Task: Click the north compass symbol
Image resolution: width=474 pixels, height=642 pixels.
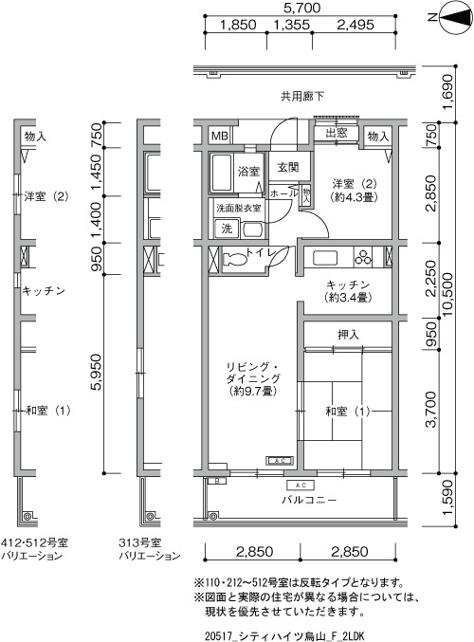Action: [x=454, y=17]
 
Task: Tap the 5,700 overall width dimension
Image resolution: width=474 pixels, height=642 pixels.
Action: [x=301, y=8]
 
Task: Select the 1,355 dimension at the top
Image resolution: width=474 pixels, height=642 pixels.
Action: [x=291, y=25]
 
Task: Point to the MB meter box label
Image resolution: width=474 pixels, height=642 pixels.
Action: [x=220, y=136]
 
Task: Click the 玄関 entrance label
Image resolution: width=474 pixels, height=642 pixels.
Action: [x=288, y=167]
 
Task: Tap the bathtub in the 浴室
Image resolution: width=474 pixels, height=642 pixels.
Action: [x=221, y=173]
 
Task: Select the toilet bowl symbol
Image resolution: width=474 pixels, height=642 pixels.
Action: [x=234, y=259]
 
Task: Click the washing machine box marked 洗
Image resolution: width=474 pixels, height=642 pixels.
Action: [x=226, y=229]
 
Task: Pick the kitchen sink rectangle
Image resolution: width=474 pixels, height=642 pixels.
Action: [x=325, y=258]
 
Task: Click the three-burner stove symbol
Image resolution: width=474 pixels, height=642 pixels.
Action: [x=363, y=257]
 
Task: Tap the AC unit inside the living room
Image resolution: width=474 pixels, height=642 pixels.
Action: [x=280, y=461]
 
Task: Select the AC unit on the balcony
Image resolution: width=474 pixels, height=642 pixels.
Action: [x=301, y=486]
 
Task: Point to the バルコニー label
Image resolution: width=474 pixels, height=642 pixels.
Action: [x=309, y=500]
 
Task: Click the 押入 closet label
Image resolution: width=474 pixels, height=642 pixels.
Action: [x=348, y=335]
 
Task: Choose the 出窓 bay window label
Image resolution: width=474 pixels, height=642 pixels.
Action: [x=336, y=133]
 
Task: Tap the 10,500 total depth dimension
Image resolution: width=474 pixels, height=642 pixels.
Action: [x=448, y=294]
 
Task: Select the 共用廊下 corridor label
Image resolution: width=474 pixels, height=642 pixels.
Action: [x=302, y=96]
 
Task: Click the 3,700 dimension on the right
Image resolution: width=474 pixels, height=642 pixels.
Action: [x=431, y=410]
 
